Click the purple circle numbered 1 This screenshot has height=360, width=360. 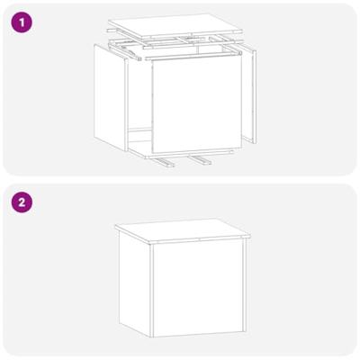[22, 22]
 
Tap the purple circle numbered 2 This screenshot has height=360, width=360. [22, 202]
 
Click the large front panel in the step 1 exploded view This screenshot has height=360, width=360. [197, 105]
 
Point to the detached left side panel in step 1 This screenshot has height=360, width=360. [111, 98]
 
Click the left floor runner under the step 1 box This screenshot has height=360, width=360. [164, 162]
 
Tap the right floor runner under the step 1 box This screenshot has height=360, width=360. [200, 160]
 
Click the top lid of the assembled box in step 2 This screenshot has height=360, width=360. [183, 231]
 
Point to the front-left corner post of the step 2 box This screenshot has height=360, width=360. [151, 291]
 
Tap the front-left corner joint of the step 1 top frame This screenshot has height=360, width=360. [139, 58]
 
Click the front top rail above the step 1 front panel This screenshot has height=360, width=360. [193, 56]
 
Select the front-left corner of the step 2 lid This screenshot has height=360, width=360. [149, 242]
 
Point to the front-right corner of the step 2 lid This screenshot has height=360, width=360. [250, 237]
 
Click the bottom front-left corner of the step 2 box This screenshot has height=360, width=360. [150, 337]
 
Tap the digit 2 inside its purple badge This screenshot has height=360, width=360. [22, 202]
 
